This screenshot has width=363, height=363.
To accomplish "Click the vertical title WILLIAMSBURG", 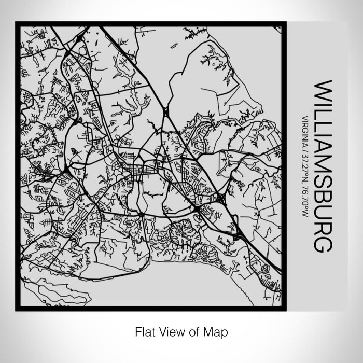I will coord(322,166).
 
